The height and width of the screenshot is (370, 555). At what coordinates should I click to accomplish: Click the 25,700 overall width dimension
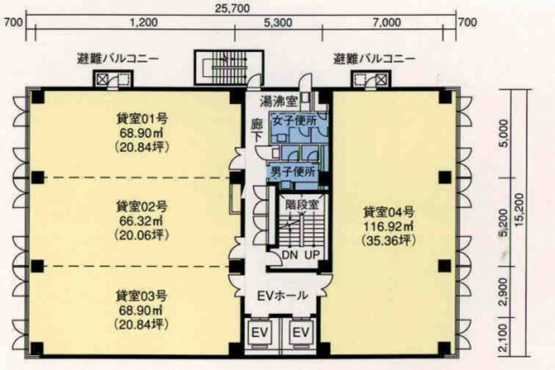click(232, 8)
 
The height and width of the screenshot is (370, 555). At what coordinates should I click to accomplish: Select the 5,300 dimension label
click(278, 22)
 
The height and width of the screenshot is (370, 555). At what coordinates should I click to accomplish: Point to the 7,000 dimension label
click(387, 22)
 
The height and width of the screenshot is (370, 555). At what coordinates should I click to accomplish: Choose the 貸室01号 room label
click(142, 118)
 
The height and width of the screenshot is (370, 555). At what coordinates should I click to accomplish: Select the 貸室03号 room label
click(142, 296)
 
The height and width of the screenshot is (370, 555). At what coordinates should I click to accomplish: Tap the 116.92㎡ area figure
click(389, 226)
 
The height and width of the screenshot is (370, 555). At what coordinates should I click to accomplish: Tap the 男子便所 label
click(293, 173)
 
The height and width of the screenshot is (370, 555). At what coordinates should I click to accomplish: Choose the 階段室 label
click(302, 205)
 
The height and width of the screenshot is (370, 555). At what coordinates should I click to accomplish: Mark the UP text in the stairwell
click(312, 255)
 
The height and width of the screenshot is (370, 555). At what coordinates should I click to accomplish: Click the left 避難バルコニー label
click(118, 59)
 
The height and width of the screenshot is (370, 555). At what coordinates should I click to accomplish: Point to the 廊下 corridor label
click(257, 131)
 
